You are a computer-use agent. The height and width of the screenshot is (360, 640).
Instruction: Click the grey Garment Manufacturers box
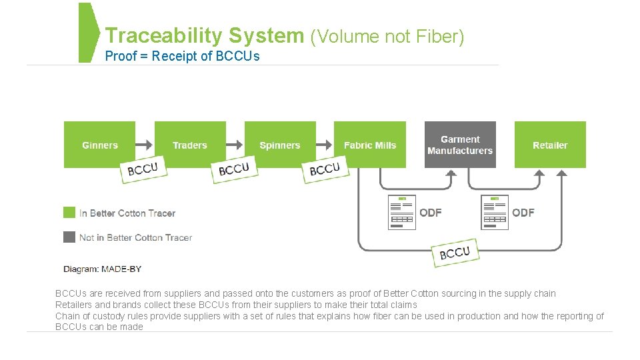click(460, 145)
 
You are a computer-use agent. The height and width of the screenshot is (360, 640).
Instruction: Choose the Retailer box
click(550, 145)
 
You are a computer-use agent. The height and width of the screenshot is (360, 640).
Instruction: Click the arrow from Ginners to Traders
click(145, 145)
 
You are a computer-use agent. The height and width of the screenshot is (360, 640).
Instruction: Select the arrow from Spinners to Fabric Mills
click(325, 145)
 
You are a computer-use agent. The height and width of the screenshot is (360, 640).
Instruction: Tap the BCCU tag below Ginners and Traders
click(143, 169)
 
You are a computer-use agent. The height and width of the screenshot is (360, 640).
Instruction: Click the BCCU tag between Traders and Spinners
click(233, 169)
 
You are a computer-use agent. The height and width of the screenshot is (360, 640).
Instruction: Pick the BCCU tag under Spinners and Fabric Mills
click(325, 169)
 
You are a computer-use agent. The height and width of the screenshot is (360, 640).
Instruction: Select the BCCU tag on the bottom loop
click(455, 253)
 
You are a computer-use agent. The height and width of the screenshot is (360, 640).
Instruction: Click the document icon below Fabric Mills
click(401, 213)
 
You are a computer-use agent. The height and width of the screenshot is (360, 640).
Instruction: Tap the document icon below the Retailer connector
click(495, 213)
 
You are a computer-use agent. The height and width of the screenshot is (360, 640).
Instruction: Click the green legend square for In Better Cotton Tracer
click(69, 213)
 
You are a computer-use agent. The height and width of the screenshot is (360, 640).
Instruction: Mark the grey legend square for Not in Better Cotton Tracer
click(69, 237)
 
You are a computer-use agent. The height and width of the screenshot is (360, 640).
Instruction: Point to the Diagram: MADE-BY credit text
click(102, 269)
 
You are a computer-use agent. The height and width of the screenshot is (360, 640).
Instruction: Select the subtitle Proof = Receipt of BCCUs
click(182, 56)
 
